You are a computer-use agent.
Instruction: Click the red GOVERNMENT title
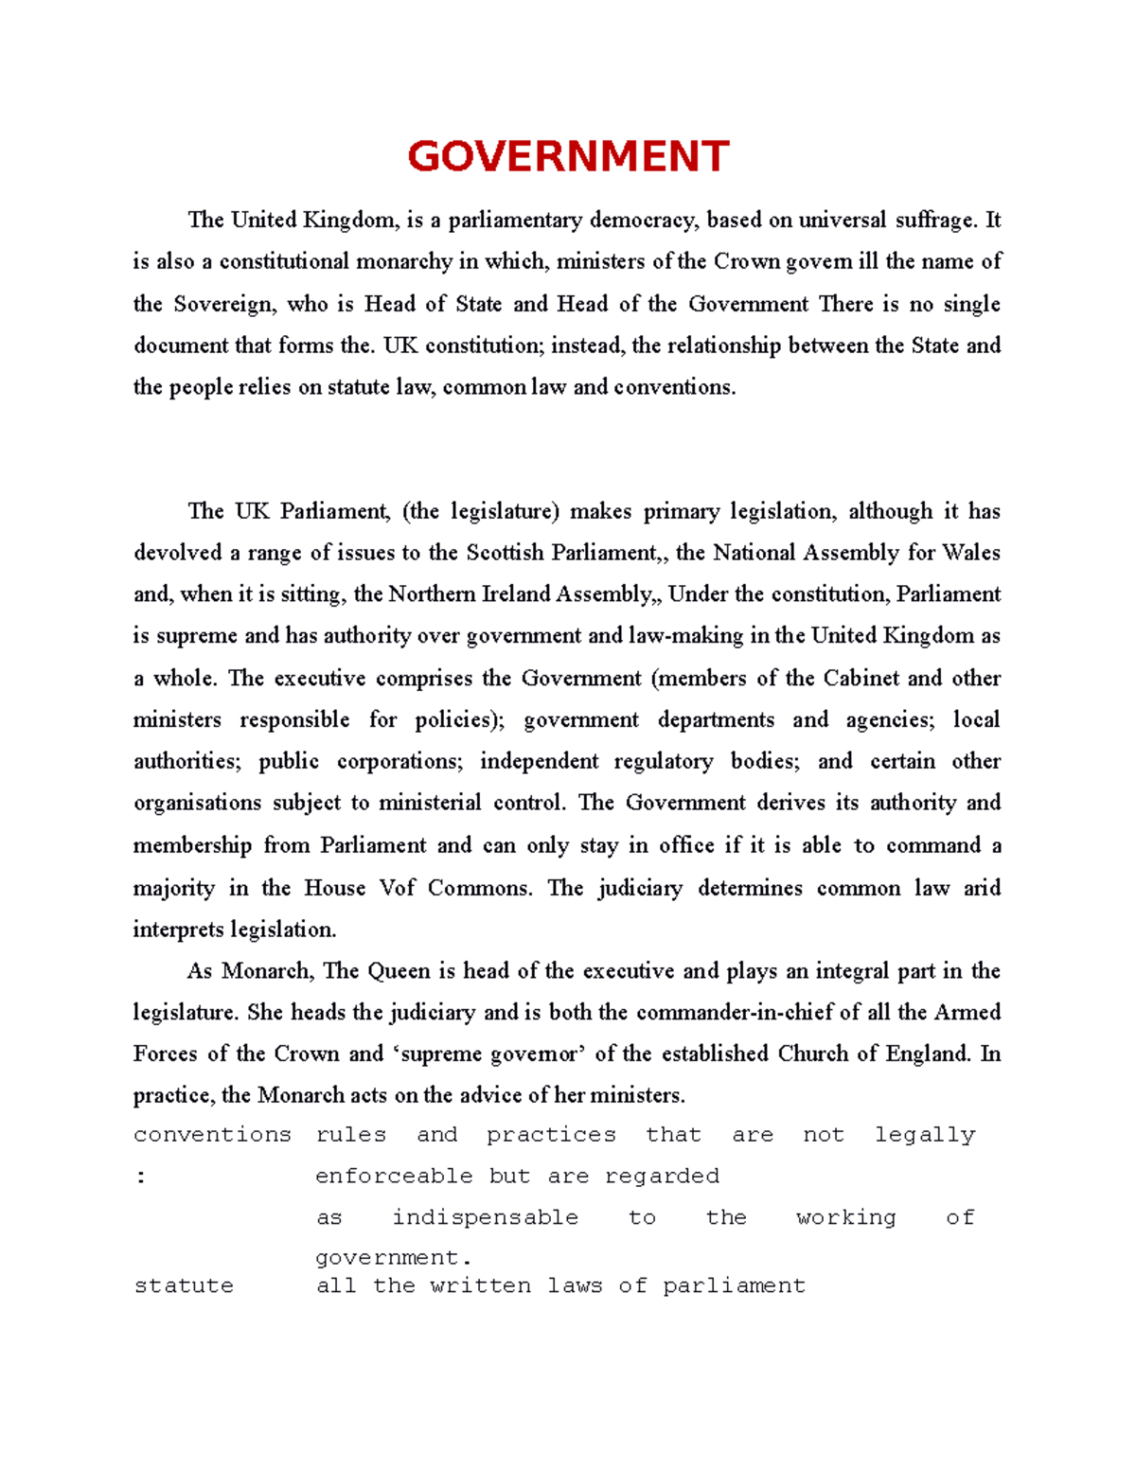pos(568,156)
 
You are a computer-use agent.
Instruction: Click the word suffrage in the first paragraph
pos(934,221)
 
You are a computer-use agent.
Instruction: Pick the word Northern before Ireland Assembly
pos(433,594)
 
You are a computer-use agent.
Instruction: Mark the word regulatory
pos(664,761)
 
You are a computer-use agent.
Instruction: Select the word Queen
pos(399,971)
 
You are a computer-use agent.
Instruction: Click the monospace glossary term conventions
pos(212,1135)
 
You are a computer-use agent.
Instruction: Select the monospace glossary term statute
pos(184,1286)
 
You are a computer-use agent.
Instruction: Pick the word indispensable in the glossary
pos(485,1218)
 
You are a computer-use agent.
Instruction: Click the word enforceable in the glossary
pos(394,1177)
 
